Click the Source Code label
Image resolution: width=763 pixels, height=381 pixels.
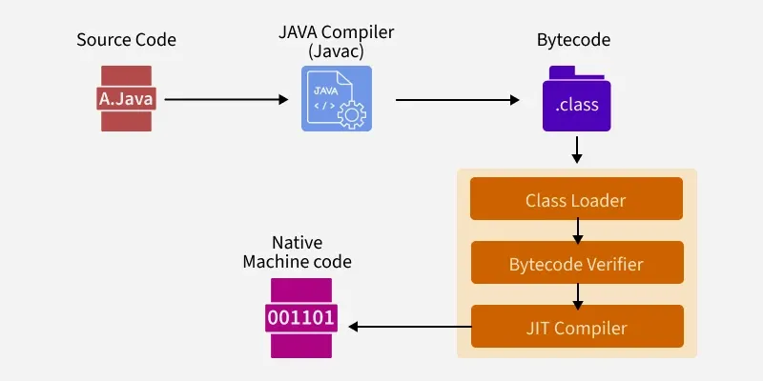pyautogui.click(x=126, y=41)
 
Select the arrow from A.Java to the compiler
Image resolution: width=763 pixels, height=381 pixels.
pyautogui.click(x=226, y=98)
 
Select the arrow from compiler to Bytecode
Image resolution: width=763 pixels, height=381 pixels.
pyautogui.click(x=457, y=98)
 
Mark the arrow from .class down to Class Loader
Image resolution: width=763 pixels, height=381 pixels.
pyautogui.click(x=576, y=150)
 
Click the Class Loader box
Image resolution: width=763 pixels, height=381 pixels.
pyautogui.click(x=576, y=200)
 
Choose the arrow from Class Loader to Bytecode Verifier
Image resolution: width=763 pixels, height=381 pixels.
pyautogui.click(x=576, y=231)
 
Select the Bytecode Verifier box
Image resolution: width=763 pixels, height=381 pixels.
pyautogui.click(x=576, y=264)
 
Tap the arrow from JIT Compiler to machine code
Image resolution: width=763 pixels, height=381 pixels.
pyautogui.click(x=410, y=328)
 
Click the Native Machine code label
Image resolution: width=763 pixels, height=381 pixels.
pyautogui.click(x=297, y=252)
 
